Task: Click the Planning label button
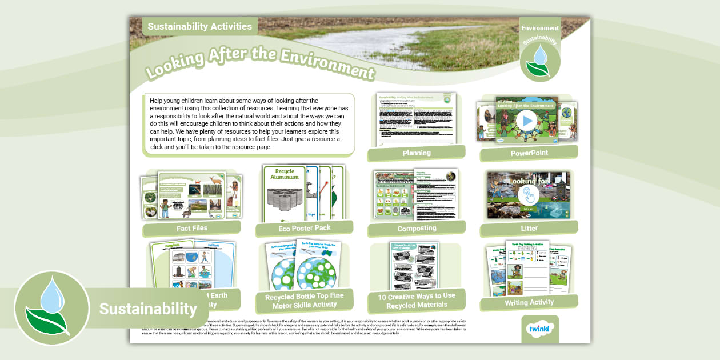coord(416,153)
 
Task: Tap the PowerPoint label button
coord(529,153)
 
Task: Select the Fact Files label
coord(192,228)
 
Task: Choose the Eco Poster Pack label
coord(305,228)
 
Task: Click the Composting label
coord(417,229)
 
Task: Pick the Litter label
coord(529,229)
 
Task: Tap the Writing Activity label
coord(529,302)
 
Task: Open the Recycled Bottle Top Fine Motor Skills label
coord(305,301)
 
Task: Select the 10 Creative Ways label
coord(417,301)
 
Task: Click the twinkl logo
coord(540,331)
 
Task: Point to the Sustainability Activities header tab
coord(199,26)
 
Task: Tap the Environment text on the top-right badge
coord(540,28)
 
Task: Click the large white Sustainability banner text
coord(148,309)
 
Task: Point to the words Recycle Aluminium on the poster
coord(284,174)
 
